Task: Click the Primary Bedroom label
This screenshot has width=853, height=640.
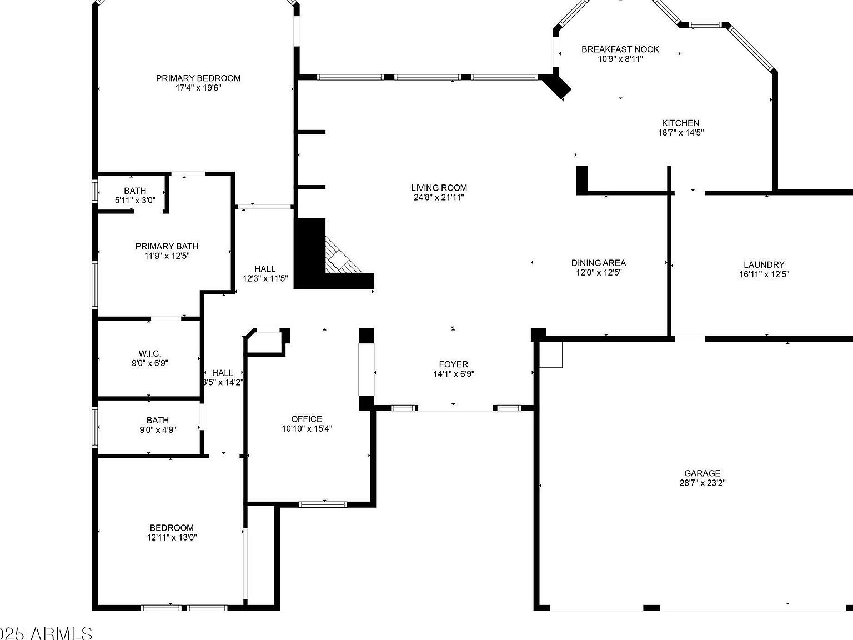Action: pyautogui.click(x=198, y=78)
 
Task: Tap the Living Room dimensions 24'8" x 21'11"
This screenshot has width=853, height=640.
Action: pyautogui.click(x=439, y=197)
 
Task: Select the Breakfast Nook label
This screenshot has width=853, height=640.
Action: pyautogui.click(x=620, y=49)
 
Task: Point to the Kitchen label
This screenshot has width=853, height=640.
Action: pyautogui.click(x=680, y=123)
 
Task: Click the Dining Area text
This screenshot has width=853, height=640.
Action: pyautogui.click(x=598, y=263)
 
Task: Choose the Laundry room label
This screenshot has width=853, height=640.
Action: pyautogui.click(x=764, y=265)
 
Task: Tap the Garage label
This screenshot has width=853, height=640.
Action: pyautogui.click(x=702, y=473)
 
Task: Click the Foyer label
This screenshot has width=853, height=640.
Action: pyautogui.click(x=453, y=364)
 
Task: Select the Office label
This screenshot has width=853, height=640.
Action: pyautogui.click(x=307, y=419)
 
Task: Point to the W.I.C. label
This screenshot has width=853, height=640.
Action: pyautogui.click(x=149, y=354)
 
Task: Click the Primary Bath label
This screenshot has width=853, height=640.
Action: pyautogui.click(x=167, y=246)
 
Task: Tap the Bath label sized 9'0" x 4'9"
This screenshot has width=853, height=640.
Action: pyautogui.click(x=158, y=421)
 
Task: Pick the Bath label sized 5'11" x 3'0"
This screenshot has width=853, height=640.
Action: pyautogui.click(x=135, y=191)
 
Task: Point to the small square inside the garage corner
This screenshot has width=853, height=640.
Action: pyautogui.click(x=551, y=354)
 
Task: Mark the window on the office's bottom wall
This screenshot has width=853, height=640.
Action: pyautogui.click(x=322, y=504)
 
